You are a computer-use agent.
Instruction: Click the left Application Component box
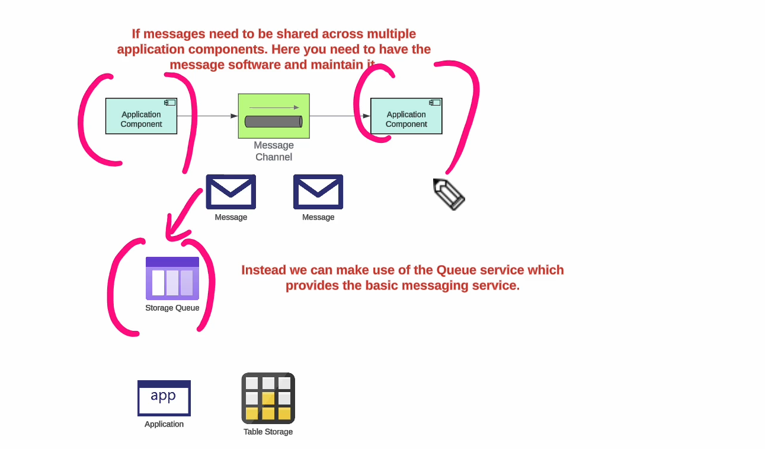pos(141,116)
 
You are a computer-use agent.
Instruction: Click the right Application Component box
pos(406,116)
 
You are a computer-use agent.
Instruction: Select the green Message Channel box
pos(274,116)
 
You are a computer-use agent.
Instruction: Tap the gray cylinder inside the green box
pos(273,122)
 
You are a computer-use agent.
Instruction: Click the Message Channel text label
pos(274,151)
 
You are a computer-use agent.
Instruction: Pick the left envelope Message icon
pos(231,192)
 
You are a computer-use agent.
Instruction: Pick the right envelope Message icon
pos(318,192)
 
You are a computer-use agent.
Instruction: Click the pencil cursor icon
pos(449,194)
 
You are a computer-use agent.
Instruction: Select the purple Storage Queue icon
pos(172,279)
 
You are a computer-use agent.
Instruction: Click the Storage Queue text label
pos(172,308)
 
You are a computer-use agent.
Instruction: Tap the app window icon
pos(164,398)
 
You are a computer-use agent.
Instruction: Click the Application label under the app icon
pos(164,424)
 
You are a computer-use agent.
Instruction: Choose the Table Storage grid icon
pos(268,398)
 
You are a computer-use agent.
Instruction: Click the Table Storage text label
pos(268,432)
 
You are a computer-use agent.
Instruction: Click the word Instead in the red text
pos(264,270)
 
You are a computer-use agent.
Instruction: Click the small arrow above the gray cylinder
pos(274,107)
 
